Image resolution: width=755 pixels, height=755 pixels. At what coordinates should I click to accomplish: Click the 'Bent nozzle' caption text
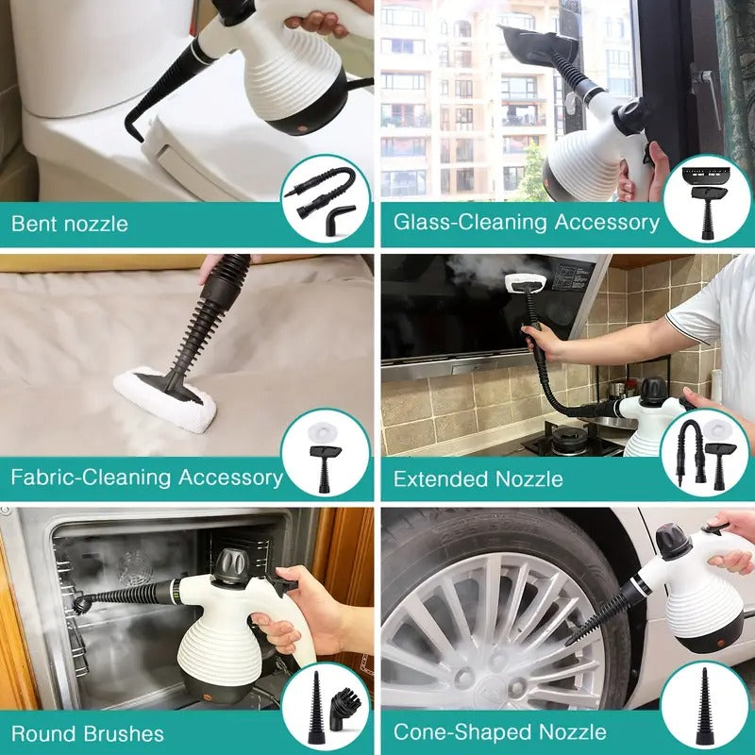click(x=69, y=225)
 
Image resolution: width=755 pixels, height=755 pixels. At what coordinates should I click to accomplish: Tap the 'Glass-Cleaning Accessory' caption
click(x=526, y=223)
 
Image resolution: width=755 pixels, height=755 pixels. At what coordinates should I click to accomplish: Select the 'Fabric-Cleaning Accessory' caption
click(x=147, y=477)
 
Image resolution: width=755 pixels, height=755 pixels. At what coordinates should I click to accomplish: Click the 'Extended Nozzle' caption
click(x=478, y=478)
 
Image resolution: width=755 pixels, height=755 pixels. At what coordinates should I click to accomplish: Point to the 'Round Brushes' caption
click(x=88, y=733)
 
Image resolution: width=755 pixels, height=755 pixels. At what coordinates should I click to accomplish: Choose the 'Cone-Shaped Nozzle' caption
click(x=499, y=731)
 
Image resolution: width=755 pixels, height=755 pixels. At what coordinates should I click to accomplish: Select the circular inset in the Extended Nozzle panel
click(x=706, y=454)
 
